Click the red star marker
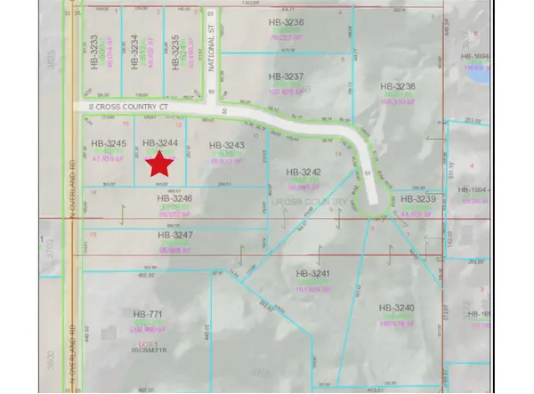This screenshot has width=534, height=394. [x=159, y=163]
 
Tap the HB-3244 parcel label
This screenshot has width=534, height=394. [x=161, y=142]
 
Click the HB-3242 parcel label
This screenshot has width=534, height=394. [x=303, y=172]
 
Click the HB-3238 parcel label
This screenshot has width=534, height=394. [x=398, y=86]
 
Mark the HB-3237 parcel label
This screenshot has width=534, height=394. [x=287, y=76]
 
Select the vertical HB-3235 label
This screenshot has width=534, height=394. [x=175, y=51]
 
